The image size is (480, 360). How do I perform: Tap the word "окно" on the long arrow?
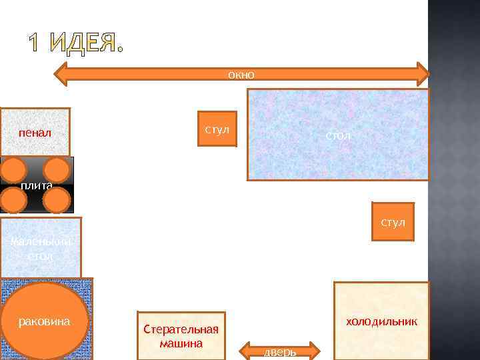coord(241,75)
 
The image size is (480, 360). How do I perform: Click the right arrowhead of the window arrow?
coord(421,75)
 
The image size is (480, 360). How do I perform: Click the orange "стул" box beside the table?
coord(217,128)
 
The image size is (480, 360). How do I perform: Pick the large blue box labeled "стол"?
coord(338,135)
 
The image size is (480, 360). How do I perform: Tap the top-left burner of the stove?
coord(13,169)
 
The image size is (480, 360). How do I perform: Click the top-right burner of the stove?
coord(57,169)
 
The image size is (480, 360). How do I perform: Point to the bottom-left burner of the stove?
coord(13,199)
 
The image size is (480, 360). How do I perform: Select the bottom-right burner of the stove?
coord(57,199)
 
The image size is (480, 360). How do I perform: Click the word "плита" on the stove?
coord(36,185)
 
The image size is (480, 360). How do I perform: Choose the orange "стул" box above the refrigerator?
coord(393,221)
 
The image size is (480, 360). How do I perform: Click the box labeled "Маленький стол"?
coord(41,247)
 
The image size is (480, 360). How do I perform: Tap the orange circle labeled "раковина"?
coord(45,321)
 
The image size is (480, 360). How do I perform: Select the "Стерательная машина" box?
coord(181,336)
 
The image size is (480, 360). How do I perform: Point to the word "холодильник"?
coord(381,321)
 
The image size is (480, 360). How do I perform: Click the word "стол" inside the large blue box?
coord(338,136)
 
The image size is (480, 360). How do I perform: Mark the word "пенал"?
coord(35,133)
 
